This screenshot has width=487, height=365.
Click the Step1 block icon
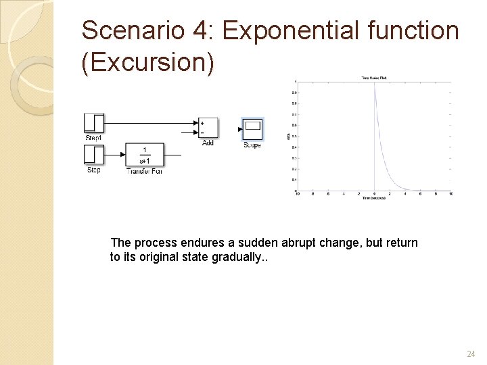[x=93, y=123]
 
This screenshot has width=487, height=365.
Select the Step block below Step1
[x=93, y=155]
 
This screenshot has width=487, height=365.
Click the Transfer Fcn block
[x=143, y=155]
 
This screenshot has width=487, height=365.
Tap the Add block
[x=208, y=127]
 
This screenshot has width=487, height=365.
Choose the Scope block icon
[x=252, y=128]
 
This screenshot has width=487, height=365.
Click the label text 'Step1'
[x=93, y=138]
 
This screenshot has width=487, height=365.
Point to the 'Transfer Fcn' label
[x=144, y=171]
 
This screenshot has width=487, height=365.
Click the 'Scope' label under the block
[x=252, y=145]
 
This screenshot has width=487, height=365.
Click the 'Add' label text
[x=208, y=143]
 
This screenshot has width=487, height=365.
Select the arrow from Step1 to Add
[x=149, y=124]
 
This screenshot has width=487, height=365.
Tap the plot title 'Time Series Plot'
[x=374, y=79]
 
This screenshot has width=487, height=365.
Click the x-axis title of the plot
[x=374, y=198]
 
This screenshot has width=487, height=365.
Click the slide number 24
[x=471, y=354]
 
